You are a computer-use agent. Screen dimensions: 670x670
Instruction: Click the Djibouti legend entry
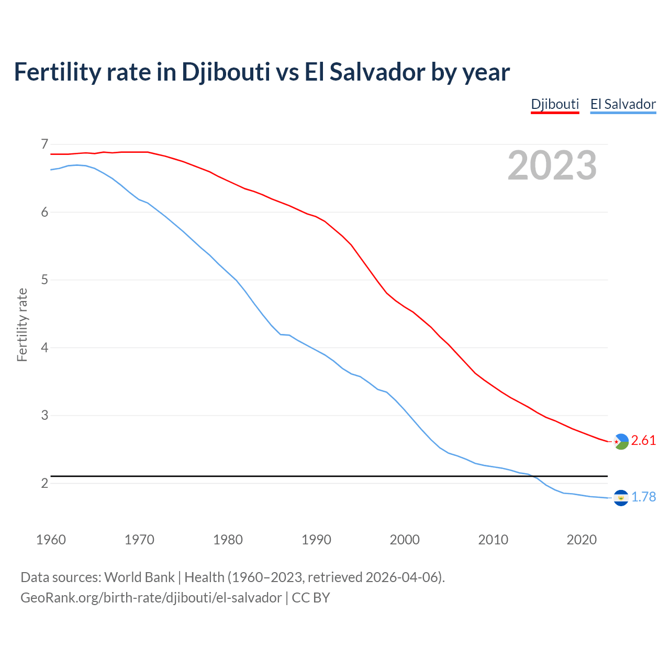pyautogui.click(x=555, y=104)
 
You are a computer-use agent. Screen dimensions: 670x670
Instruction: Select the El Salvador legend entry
pyautogui.click(x=623, y=104)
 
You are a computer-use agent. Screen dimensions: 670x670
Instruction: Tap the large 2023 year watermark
pyautogui.click(x=552, y=165)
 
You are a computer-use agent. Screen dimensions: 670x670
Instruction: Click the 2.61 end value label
pyautogui.click(x=643, y=441)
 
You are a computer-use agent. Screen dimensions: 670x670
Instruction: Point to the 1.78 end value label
pyautogui.click(x=643, y=497)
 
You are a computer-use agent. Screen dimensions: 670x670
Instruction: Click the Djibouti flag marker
pyautogui.click(x=621, y=442)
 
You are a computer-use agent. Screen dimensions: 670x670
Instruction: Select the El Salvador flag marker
pyautogui.click(x=621, y=498)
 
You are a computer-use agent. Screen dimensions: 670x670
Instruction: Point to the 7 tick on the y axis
pyautogui.click(x=44, y=144)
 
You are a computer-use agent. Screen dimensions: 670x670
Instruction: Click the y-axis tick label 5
pyautogui.click(x=44, y=280)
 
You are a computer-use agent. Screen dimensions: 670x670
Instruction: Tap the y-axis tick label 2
pyautogui.click(x=44, y=483)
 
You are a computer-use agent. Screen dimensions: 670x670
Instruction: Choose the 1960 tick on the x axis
pyautogui.click(x=51, y=540)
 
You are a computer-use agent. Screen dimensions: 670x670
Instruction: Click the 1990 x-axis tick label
pyautogui.click(x=316, y=540)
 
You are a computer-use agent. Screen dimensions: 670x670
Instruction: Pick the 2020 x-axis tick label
pyautogui.click(x=582, y=540)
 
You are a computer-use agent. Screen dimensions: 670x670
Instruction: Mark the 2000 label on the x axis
pyautogui.click(x=405, y=540)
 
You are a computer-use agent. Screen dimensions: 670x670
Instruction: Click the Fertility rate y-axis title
pyautogui.click(x=22, y=325)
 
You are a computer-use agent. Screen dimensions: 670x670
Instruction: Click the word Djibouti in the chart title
pyautogui.click(x=226, y=72)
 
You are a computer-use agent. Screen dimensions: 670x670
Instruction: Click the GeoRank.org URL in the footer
pyautogui.click(x=151, y=598)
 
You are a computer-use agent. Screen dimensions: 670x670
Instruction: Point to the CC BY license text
pyautogui.click(x=311, y=598)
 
